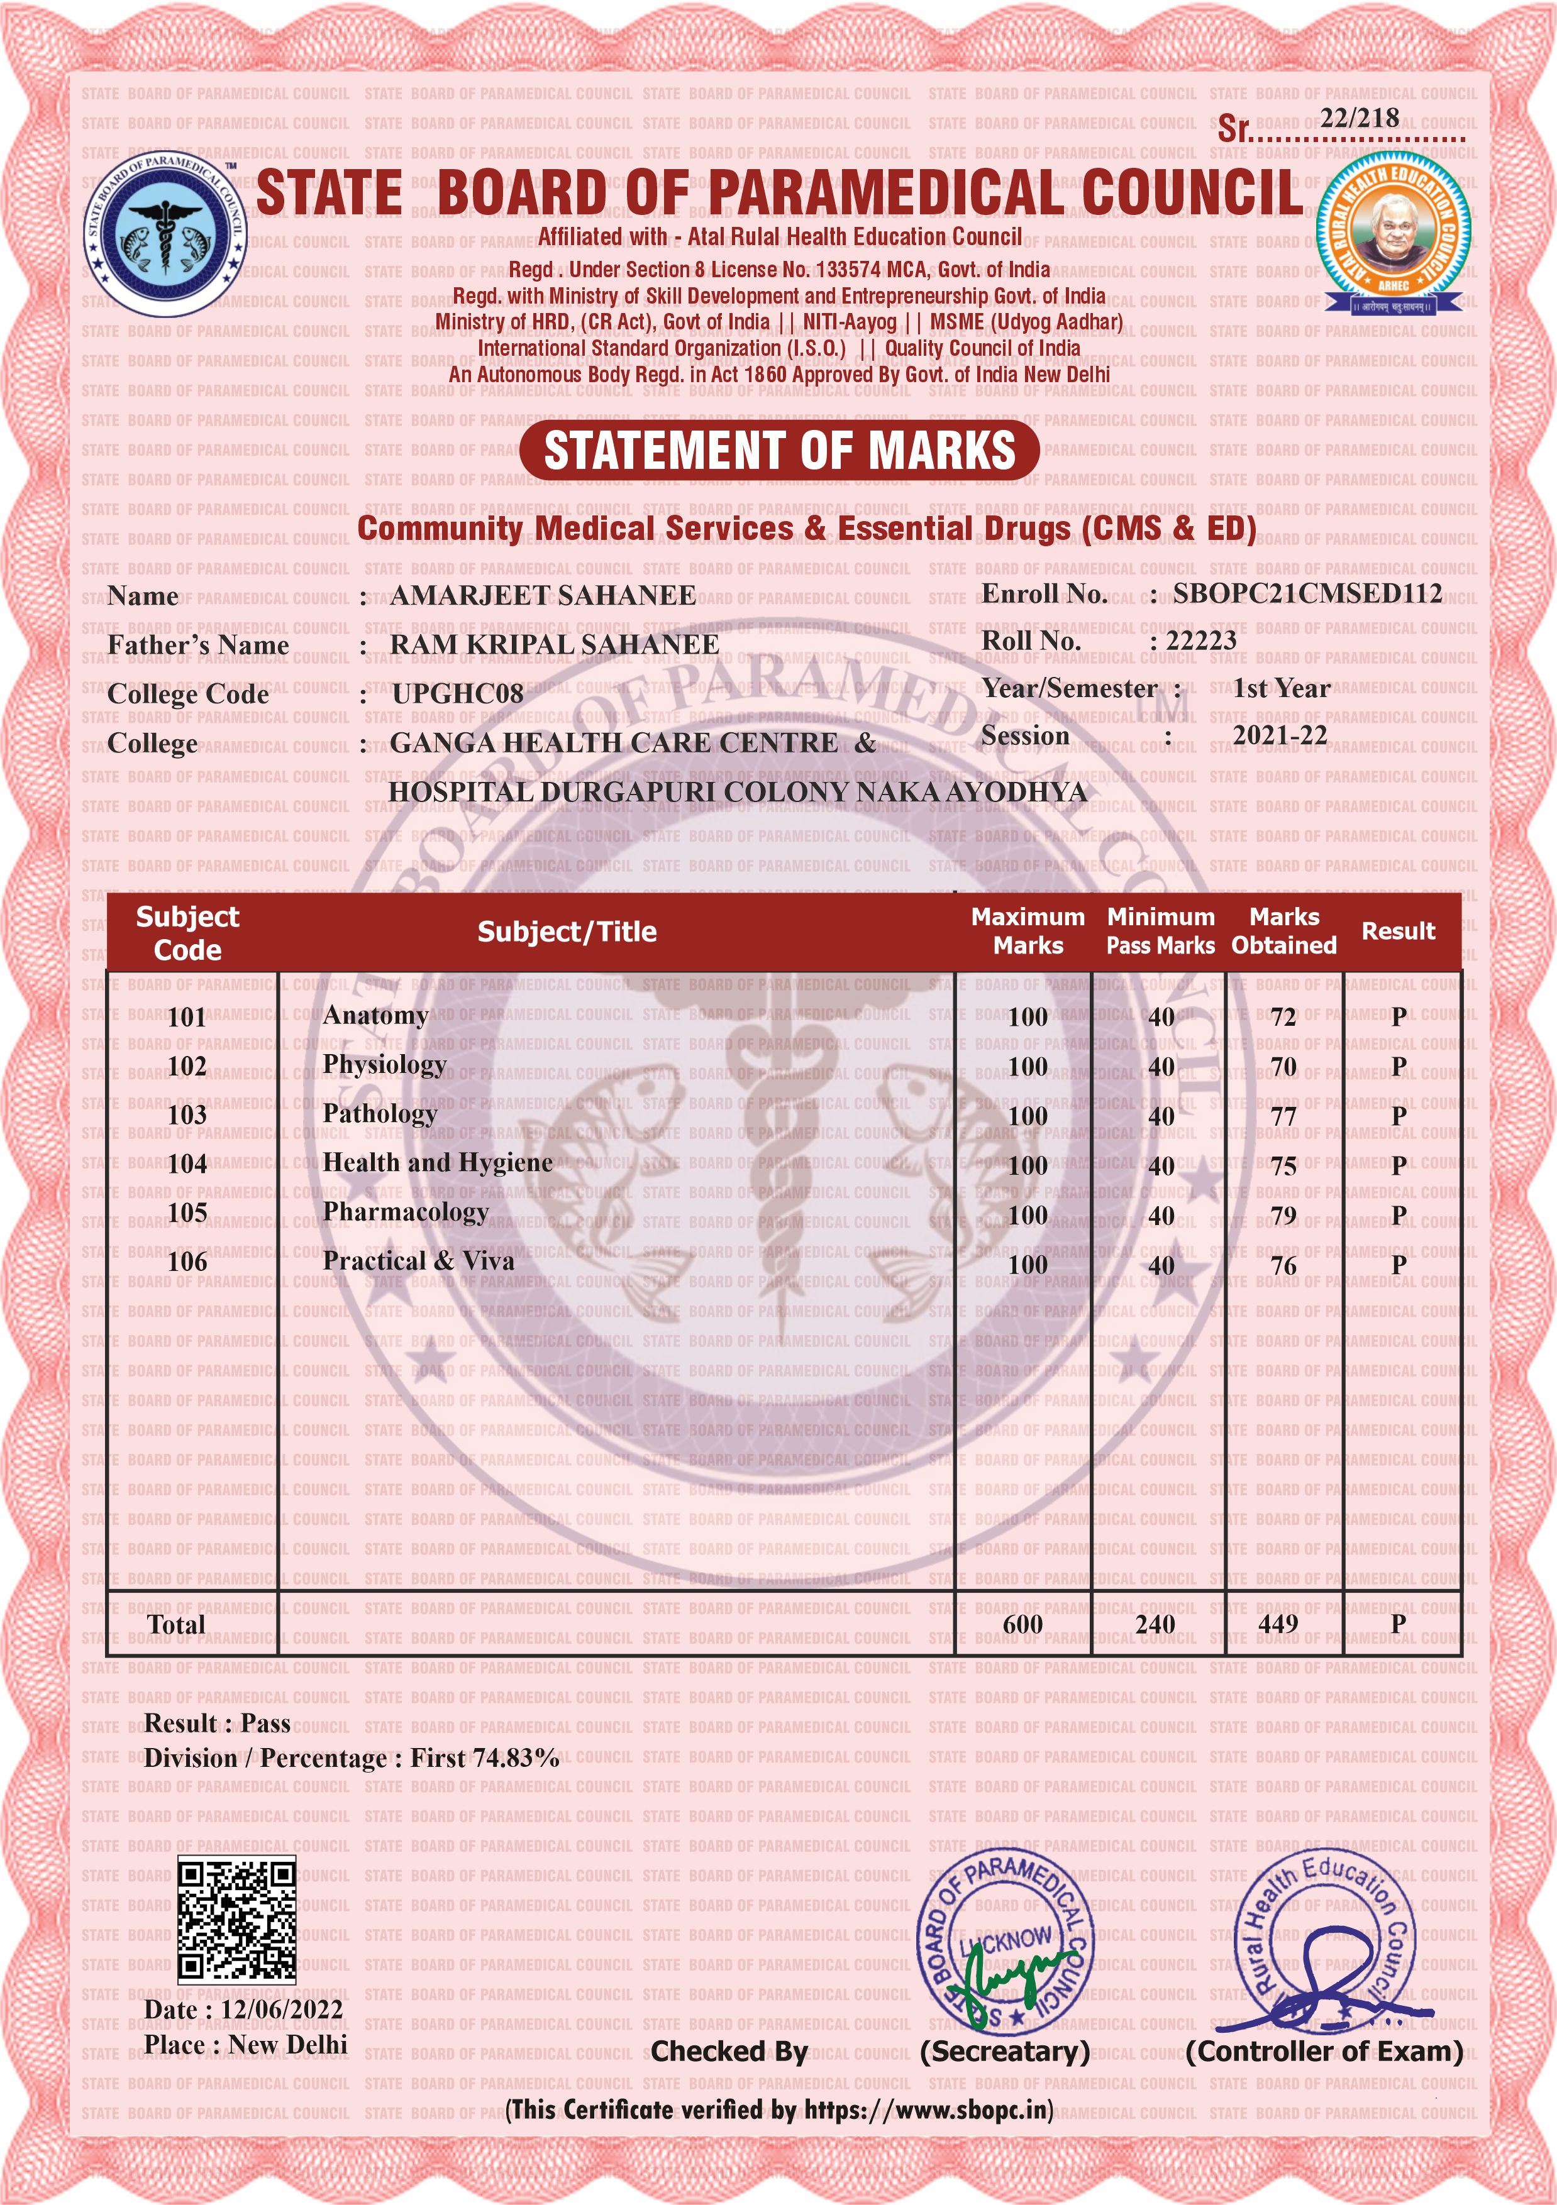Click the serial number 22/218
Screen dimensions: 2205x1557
click(x=1359, y=119)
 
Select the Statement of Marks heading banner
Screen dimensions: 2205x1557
click(x=779, y=451)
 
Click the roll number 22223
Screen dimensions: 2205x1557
click(x=1200, y=641)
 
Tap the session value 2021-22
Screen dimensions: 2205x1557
click(x=1280, y=735)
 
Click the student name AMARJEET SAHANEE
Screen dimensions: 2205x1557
click(x=543, y=595)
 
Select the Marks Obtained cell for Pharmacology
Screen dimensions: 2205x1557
click(x=1283, y=1216)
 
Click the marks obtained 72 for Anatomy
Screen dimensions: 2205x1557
click(x=1283, y=1017)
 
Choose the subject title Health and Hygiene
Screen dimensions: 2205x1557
click(x=438, y=1163)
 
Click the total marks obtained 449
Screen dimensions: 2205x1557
click(x=1278, y=1624)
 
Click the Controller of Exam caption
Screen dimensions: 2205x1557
click(x=1324, y=2052)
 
